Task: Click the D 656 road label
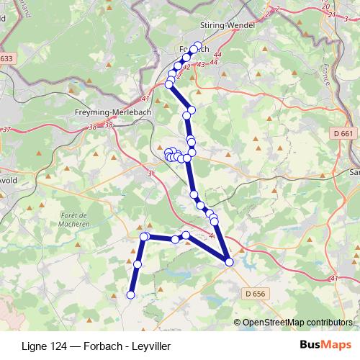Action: tap(255, 294)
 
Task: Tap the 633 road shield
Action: tap(6, 58)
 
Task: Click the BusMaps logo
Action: tap(325, 345)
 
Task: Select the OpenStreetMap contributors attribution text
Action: tap(297, 322)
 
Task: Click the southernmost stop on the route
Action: tap(131, 294)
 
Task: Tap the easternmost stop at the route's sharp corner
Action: tap(229, 262)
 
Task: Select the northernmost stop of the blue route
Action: tap(198, 44)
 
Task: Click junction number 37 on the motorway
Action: tap(8, 129)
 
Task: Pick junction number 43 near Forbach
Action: tap(201, 65)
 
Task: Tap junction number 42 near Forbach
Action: tap(186, 67)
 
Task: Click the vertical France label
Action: tap(324, 73)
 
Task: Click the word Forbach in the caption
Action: tap(102, 346)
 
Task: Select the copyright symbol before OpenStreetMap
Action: tap(238, 322)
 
